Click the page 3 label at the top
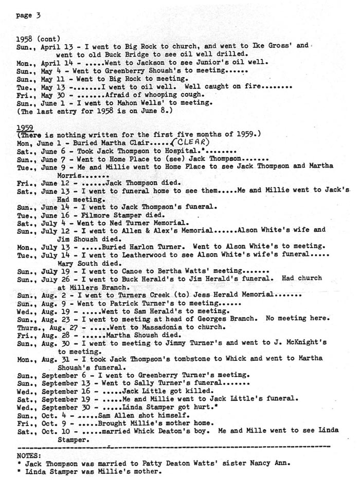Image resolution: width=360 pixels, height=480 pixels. pos(28,15)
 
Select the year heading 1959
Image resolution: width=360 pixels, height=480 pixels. pos(25,127)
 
